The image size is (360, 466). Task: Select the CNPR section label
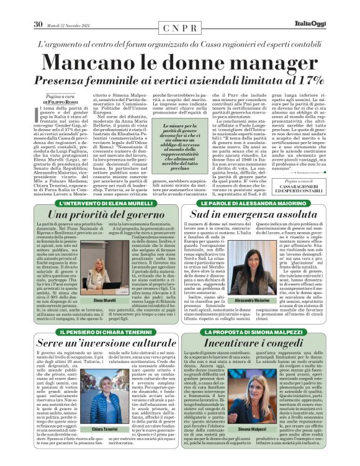click(x=180, y=29)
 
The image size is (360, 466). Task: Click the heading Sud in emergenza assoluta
click(x=254, y=214)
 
